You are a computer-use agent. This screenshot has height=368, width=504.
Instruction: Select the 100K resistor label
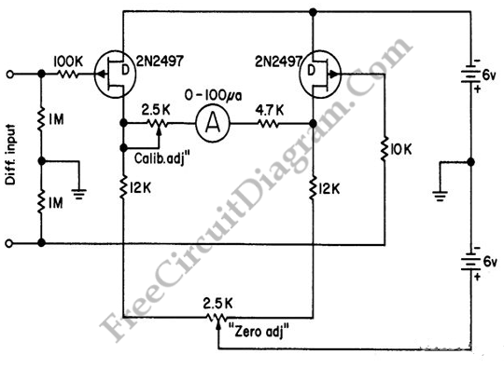click(68, 61)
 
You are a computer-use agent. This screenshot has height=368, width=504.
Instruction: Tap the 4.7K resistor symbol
click(268, 124)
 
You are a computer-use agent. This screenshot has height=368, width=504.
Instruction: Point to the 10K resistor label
click(400, 150)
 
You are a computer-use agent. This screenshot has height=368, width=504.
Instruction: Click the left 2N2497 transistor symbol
click(115, 75)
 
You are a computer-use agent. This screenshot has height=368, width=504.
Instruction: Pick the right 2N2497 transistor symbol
click(320, 75)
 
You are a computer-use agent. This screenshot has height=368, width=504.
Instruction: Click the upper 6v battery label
click(490, 75)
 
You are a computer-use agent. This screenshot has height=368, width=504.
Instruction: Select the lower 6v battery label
click(490, 262)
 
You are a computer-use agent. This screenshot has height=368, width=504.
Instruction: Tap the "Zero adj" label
click(259, 331)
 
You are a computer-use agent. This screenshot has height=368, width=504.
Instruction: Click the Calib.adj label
click(161, 158)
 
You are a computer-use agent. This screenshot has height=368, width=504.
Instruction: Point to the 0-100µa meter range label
click(213, 96)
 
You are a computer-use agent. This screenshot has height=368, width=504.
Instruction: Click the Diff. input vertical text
click(10, 155)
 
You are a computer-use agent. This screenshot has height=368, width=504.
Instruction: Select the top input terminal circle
click(10, 75)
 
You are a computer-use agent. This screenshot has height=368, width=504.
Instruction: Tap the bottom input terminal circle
click(9, 243)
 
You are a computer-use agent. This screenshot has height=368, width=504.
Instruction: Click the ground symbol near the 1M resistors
click(79, 194)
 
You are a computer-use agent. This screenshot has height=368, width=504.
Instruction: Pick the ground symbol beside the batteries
click(440, 196)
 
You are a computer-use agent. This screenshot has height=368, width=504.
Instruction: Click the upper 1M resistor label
click(56, 119)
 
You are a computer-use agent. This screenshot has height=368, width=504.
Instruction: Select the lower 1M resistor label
click(56, 203)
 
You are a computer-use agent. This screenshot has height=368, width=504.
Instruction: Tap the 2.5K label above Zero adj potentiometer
click(217, 304)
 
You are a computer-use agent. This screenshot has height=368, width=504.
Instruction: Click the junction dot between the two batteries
click(471, 162)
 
